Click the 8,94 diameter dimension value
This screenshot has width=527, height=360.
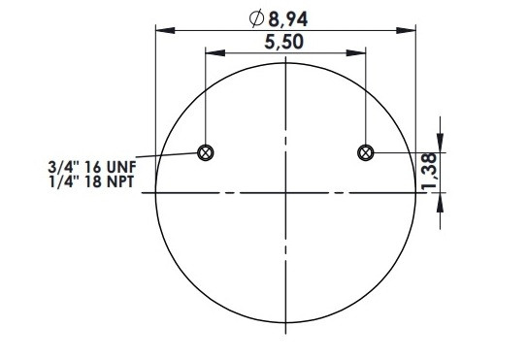pos(287,19)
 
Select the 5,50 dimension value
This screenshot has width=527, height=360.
pos(284,43)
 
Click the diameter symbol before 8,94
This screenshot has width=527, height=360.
pos(256,18)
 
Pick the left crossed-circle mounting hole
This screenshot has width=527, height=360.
pos(206,153)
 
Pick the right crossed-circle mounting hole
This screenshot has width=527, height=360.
pos(365,153)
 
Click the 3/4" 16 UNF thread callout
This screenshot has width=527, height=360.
pos(92,167)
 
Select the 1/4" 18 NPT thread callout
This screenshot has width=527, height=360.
pos(91,181)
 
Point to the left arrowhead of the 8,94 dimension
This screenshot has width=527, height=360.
pos(165,31)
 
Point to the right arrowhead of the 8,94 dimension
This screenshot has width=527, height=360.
pos(406,31)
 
